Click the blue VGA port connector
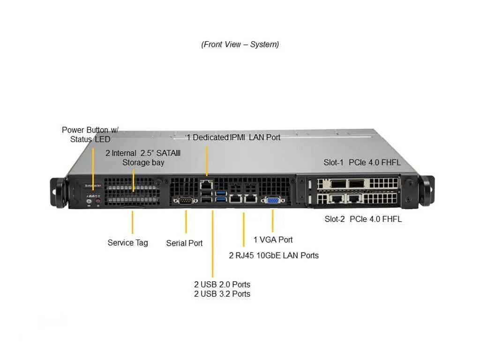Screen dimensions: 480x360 [273, 201]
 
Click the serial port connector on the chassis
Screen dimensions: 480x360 [185, 201]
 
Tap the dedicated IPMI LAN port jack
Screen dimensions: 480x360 [206, 185]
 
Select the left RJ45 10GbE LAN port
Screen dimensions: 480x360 [235, 198]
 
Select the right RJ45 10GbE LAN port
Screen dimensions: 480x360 [251, 198]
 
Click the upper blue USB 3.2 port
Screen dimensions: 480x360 [221, 193]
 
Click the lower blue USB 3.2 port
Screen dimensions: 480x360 [221, 200]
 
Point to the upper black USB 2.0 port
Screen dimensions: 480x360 [207, 193]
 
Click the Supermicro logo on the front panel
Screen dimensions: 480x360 [93, 186]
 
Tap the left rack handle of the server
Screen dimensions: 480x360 [58, 193]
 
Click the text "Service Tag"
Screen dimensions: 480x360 [127, 243]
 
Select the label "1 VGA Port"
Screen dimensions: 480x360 [273, 240]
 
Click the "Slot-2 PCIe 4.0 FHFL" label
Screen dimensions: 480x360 [363, 219]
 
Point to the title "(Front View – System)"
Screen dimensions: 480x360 [240, 45]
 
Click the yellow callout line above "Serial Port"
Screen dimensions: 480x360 [186, 222]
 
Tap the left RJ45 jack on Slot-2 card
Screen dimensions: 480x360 [337, 199]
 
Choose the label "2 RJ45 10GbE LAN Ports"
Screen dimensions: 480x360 [274, 255]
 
